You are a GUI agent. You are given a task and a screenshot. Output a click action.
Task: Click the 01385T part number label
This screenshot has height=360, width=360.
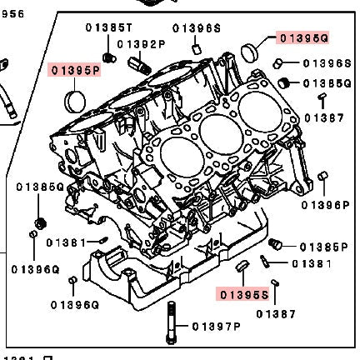click(108, 27)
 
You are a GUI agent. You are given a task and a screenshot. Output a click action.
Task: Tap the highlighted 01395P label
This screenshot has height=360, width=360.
click(74, 70)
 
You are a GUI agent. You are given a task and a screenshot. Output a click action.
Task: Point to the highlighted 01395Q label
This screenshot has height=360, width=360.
click(303, 37)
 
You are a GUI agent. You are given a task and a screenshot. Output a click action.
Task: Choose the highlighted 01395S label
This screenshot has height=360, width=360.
click(243, 294)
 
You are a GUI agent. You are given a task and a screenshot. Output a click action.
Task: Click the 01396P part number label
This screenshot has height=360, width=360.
click(325, 204)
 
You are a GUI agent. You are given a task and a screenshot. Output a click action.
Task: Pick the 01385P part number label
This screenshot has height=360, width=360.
click(323, 247)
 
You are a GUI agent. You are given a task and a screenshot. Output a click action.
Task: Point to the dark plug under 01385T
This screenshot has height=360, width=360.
click(108, 56)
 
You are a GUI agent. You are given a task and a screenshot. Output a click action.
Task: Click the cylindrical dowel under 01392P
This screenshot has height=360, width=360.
click(137, 64)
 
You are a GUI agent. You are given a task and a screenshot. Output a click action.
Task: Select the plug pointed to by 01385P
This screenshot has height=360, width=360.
click(277, 244)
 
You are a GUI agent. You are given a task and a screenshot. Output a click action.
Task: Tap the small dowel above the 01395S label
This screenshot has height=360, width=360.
click(243, 266)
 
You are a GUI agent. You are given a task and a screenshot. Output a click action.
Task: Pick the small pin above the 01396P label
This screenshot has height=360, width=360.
click(324, 177)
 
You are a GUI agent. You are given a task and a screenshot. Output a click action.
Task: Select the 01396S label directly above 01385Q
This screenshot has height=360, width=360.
click(326, 63)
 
